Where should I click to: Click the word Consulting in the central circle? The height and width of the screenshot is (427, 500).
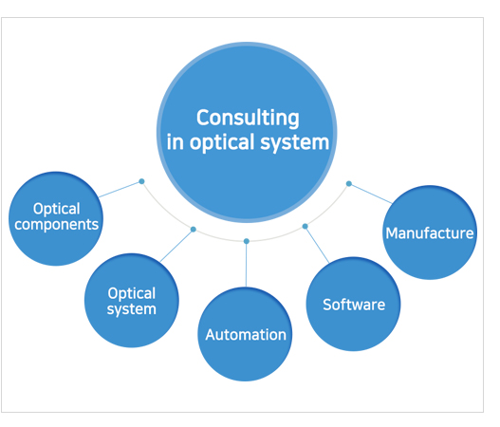(x=248, y=119)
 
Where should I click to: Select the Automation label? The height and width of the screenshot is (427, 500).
(x=246, y=335)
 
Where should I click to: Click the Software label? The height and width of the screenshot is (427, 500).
(x=354, y=305)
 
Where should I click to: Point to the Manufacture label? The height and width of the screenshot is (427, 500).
(x=430, y=233)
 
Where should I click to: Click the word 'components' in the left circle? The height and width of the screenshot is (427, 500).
(x=56, y=225)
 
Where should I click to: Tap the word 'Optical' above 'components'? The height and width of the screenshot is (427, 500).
(x=56, y=209)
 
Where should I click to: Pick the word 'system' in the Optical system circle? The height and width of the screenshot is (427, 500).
(x=131, y=309)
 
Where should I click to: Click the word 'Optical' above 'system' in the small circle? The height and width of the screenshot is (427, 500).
(x=131, y=293)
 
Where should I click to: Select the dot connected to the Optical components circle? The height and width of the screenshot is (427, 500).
(x=141, y=181)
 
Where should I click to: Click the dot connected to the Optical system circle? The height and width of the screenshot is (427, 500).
(x=193, y=230)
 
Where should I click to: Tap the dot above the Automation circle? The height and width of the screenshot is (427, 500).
(x=246, y=241)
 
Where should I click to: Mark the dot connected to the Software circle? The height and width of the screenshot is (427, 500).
(x=305, y=227)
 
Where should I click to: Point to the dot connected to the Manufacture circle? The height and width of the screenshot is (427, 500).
(x=349, y=184)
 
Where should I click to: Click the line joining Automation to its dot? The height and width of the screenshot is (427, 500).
(x=246, y=265)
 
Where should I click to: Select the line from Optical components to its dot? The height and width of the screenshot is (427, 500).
(x=120, y=190)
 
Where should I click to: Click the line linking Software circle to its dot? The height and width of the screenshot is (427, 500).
(x=317, y=245)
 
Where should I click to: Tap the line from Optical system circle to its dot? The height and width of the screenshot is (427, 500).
(x=176, y=246)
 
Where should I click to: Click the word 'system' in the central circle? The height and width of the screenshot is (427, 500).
(x=295, y=142)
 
